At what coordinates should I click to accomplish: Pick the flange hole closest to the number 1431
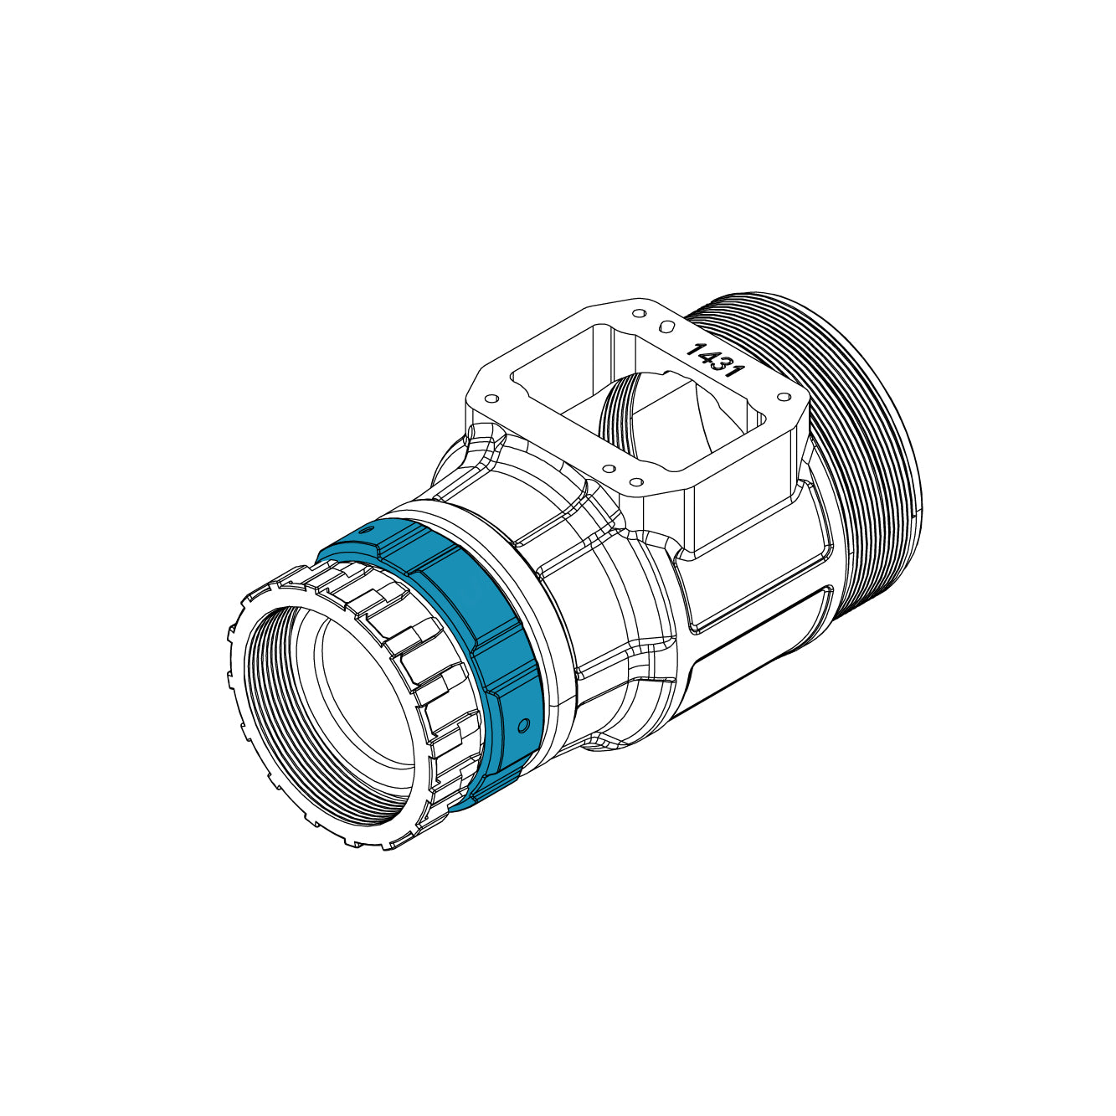tap(667, 325)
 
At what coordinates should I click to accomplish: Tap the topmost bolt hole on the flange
tap(640, 314)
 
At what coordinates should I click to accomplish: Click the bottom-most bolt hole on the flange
tap(635, 482)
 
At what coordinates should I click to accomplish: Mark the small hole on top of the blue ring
tap(364, 530)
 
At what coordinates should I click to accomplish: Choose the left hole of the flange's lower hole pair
tap(609, 468)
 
